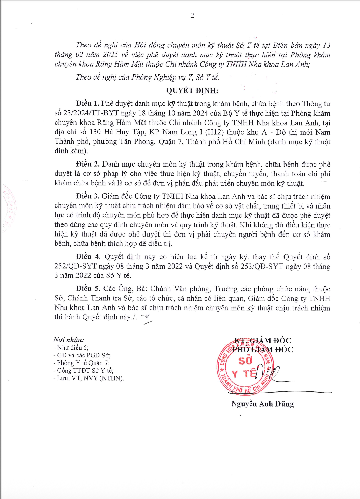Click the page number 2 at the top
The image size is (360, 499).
point(192,15)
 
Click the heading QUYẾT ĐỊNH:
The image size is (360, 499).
point(192,90)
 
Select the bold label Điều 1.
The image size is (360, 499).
point(88,103)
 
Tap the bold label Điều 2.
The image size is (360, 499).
point(88,164)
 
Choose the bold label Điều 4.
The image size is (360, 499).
point(88,257)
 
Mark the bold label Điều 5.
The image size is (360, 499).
point(88,289)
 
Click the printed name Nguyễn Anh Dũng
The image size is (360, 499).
point(262,404)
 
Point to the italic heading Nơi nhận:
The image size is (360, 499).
point(69,340)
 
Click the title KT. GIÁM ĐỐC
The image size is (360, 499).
point(263,340)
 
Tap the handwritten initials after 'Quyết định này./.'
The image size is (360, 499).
point(147,318)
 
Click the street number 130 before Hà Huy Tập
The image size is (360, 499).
point(95,132)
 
